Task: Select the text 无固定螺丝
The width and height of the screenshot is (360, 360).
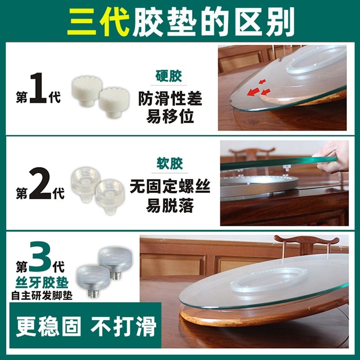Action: point(170,186)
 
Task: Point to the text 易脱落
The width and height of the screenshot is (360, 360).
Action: point(170,206)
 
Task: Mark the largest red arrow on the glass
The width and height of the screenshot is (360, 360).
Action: point(254,92)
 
